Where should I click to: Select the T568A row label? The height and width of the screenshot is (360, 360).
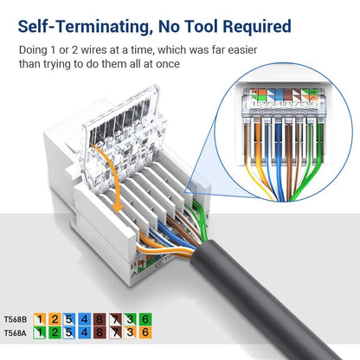[x=16, y=331]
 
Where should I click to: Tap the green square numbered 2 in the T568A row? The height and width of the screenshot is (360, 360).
[x=54, y=331]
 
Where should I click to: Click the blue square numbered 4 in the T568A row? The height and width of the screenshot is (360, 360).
[x=85, y=331]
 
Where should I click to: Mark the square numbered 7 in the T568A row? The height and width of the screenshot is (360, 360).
[x=116, y=331]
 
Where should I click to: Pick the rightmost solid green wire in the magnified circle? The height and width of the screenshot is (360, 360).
[x=308, y=156]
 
